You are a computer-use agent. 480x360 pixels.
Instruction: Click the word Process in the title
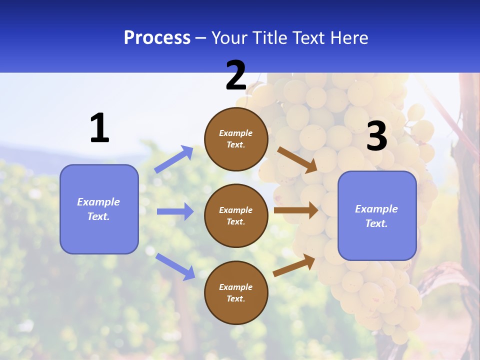(x=157, y=38)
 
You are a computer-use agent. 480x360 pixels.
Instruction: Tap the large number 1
(x=99, y=128)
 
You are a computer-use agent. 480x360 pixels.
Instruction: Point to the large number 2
(x=236, y=75)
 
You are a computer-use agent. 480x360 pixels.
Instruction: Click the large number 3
(x=377, y=136)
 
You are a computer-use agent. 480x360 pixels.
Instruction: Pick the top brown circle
(x=236, y=139)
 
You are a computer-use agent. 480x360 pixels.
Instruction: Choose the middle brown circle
(x=236, y=215)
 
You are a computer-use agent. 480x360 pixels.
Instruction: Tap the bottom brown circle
(x=236, y=292)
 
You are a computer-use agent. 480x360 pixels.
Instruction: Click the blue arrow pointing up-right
(x=174, y=159)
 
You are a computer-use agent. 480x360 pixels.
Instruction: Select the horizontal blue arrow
(x=175, y=211)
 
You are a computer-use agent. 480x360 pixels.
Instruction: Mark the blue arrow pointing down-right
(x=175, y=266)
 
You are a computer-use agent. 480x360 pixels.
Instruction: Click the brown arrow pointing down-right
(x=297, y=159)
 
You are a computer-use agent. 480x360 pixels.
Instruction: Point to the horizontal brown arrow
(x=295, y=210)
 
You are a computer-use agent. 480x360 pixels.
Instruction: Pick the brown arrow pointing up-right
(x=294, y=265)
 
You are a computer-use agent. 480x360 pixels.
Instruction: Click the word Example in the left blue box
(x=98, y=202)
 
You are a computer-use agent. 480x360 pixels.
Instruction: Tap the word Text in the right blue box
(x=375, y=223)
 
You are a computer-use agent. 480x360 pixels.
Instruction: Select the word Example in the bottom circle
(x=236, y=287)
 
